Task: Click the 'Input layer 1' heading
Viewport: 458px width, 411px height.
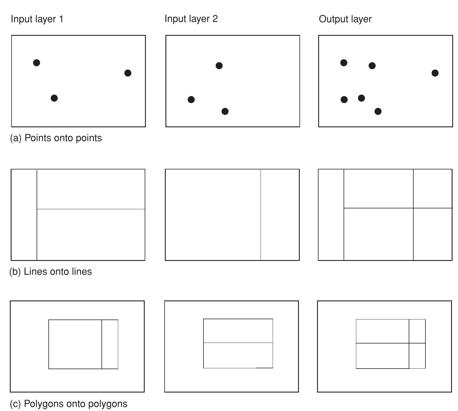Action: (x=37, y=19)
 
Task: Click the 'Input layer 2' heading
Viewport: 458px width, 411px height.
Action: (x=191, y=19)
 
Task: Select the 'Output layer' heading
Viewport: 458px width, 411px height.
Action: (x=345, y=19)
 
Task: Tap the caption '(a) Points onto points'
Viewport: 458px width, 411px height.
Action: (x=56, y=138)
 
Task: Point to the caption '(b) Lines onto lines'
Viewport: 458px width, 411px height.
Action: (x=51, y=272)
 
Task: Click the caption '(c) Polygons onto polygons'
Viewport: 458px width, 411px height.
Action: (x=69, y=403)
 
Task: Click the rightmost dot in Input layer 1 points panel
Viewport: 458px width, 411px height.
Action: (x=128, y=73)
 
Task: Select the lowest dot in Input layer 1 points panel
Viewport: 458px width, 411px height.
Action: (x=54, y=98)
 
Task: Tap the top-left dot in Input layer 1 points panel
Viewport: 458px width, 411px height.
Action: (x=37, y=63)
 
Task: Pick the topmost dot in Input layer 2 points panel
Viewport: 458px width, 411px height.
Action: (x=219, y=66)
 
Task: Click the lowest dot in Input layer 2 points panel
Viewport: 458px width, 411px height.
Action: (x=225, y=111)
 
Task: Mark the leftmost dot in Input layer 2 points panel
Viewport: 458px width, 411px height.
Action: (x=191, y=100)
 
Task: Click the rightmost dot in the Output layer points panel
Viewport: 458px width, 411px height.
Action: (x=435, y=73)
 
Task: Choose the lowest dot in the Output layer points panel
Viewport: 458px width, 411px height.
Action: (x=378, y=111)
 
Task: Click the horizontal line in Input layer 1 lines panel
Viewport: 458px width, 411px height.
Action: (x=91, y=209)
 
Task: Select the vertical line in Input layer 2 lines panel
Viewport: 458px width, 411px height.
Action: (x=261, y=215)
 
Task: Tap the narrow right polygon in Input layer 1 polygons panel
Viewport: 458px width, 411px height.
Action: (x=110, y=344)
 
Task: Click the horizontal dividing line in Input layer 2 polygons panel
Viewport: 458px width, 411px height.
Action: (x=238, y=343)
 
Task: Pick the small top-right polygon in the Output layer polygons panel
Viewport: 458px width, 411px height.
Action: (x=417, y=331)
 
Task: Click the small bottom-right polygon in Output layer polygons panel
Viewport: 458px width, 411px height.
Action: (x=417, y=356)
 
